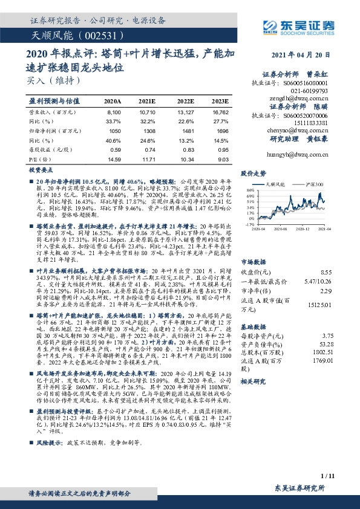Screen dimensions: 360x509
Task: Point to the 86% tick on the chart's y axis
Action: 250,190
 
